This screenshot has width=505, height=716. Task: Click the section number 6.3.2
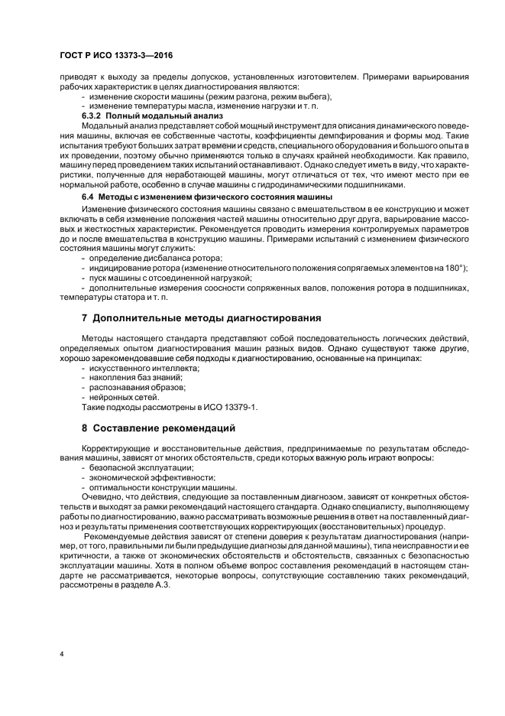tap(93, 116)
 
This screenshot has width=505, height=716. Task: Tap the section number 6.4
tap(88, 197)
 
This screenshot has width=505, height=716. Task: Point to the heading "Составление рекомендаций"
tap(164, 427)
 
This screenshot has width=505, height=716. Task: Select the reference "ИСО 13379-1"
tap(231, 406)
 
